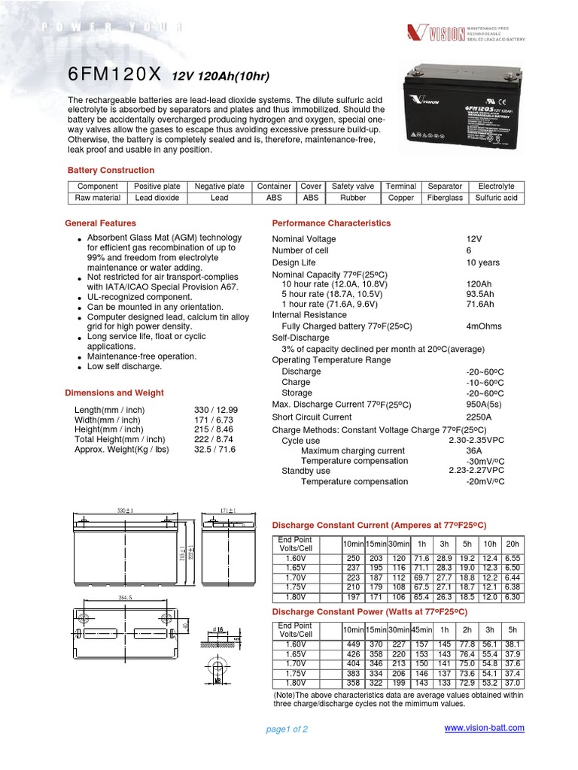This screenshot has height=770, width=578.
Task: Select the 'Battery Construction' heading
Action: (111, 171)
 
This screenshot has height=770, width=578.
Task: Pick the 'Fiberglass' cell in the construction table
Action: (445, 199)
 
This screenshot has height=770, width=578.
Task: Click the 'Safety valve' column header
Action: (353, 186)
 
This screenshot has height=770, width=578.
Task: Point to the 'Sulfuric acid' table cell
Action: (496, 199)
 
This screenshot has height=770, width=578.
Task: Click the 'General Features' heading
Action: (101, 223)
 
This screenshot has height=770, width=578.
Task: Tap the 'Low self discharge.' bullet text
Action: (124, 366)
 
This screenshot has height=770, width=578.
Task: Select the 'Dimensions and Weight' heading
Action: (114, 393)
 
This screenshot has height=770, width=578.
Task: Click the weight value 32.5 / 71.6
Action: (218, 450)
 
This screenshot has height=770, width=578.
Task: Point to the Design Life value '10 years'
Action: (482, 262)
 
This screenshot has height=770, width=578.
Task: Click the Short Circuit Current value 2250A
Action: (479, 417)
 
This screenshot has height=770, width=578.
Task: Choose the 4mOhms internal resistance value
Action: (484, 326)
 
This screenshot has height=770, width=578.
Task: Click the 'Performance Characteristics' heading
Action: (331, 223)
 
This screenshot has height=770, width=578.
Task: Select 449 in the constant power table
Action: (352, 644)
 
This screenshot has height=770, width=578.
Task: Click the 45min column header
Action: (423, 629)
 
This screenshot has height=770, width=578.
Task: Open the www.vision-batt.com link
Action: (484, 728)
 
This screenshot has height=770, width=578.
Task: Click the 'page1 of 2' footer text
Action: (287, 729)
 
